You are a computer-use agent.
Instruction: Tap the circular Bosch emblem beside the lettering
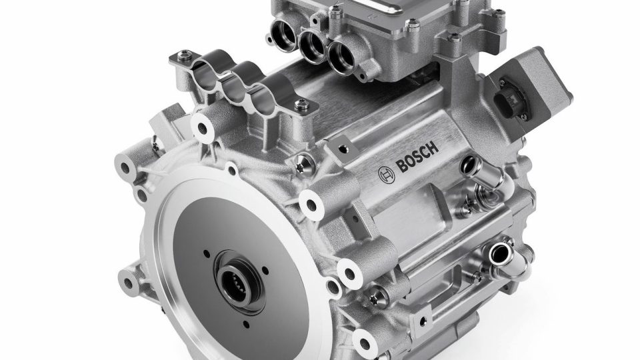(x=386, y=175)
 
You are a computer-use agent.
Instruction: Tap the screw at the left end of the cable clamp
(x=185, y=54)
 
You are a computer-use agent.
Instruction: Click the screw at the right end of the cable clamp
(x=301, y=104)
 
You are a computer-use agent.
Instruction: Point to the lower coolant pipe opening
(x=499, y=253)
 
